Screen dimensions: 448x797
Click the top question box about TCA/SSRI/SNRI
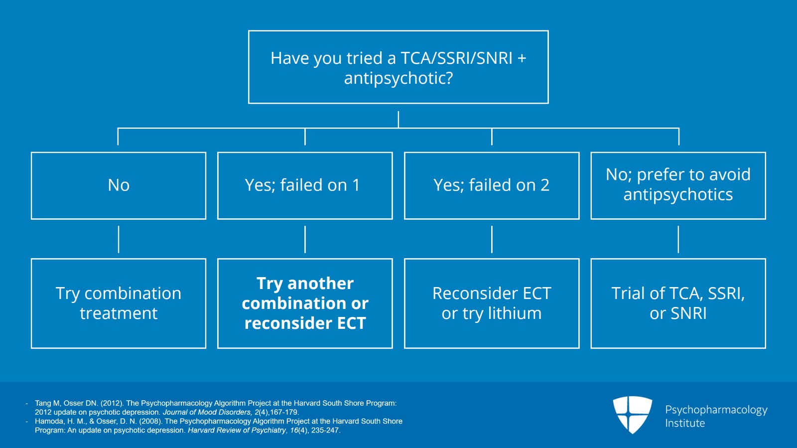[398, 67]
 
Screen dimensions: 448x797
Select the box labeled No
[119, 185]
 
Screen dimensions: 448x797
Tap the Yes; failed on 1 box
[305, 185]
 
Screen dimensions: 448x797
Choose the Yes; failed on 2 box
[492, 185]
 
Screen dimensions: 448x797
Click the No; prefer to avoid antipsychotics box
[678, 185]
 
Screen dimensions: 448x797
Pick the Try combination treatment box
[119, 303]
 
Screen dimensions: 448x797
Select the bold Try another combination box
[305, 303]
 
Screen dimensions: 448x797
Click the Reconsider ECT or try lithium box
[492, 303]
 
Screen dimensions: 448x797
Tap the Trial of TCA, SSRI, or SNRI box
[678, 303]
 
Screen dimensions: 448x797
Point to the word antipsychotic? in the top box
[398, 78]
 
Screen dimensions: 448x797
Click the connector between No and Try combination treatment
[119, 239]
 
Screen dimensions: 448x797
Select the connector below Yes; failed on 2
[492, 239]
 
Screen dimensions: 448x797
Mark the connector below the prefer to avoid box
[678, 239]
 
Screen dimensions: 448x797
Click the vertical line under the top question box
[398, 120]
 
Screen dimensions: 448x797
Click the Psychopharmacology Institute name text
[716, 416]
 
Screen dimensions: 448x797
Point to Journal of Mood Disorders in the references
[207, 412]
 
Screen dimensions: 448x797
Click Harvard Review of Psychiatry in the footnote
[237, 430]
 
